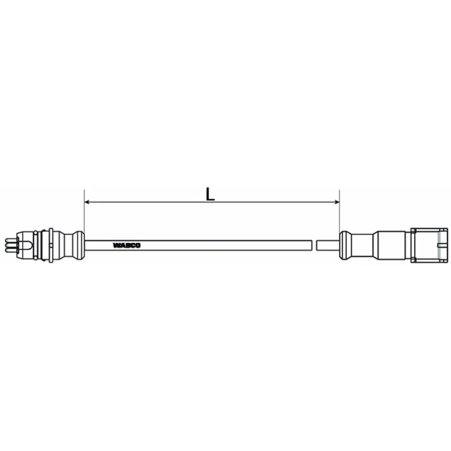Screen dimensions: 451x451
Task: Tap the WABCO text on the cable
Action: (127, 246)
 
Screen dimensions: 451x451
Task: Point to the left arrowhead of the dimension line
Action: (87, 202)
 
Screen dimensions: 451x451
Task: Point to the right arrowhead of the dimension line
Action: (336, 202)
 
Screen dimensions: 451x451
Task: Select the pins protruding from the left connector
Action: (9, 245)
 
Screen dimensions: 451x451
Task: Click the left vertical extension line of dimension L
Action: (84, 210)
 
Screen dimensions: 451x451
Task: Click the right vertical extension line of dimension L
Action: (339, 210)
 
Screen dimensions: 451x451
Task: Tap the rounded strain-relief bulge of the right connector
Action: (345, 245)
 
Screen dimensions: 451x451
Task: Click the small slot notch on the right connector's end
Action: (443, 246)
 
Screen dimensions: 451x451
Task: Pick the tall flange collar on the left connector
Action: (49, 245)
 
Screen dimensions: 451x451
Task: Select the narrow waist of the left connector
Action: (69, 245)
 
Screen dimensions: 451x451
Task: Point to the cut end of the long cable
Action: (312, 245)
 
